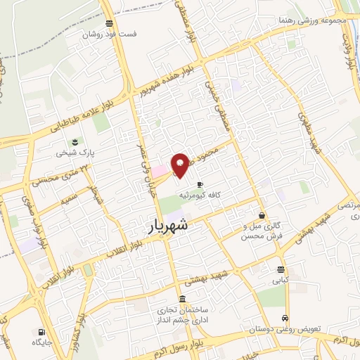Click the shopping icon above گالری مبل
(262, 216)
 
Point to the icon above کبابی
(281, 269)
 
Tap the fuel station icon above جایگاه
(41, 332)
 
